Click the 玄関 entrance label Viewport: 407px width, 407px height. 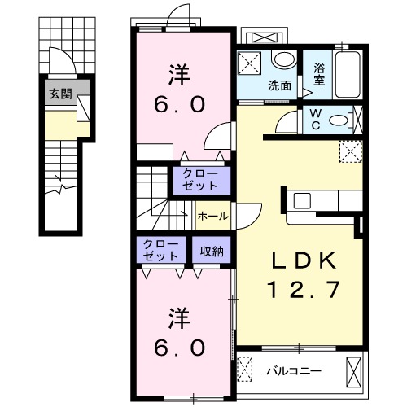point(59,94)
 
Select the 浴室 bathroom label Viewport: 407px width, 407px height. point(319,75)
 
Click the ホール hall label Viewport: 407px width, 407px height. point(213,217)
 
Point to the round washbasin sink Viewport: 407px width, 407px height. point(283,60)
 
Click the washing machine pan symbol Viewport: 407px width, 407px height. point(250,63)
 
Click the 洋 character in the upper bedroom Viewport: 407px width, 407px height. point(180,76)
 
